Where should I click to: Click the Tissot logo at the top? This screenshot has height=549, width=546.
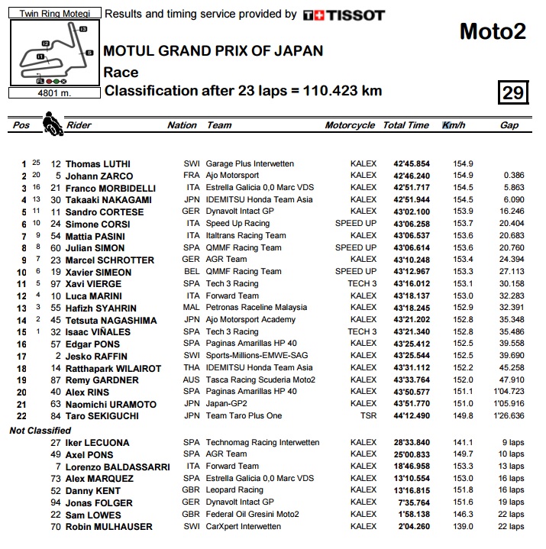click(344, 15)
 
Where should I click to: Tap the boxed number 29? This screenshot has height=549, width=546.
click(512, 92)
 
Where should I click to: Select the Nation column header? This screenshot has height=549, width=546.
click(182, 125)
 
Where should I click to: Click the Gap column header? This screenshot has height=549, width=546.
click(509, 125)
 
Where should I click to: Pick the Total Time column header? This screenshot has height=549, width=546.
click(405, 125)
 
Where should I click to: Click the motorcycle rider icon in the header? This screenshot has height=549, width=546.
click(52, 123)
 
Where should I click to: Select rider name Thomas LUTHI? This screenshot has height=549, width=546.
click(98, 164)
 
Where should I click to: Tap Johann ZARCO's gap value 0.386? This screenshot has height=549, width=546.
click(511, 176)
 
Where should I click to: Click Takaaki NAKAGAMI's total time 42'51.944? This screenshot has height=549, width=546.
click(412, 200)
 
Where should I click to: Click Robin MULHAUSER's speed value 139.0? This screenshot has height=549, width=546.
click(463, 527)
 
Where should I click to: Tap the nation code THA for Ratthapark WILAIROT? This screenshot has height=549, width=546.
click(191, 368)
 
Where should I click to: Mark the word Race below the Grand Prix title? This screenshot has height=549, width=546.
click(121, 73)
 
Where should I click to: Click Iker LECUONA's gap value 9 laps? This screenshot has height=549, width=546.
click(512, 443)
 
